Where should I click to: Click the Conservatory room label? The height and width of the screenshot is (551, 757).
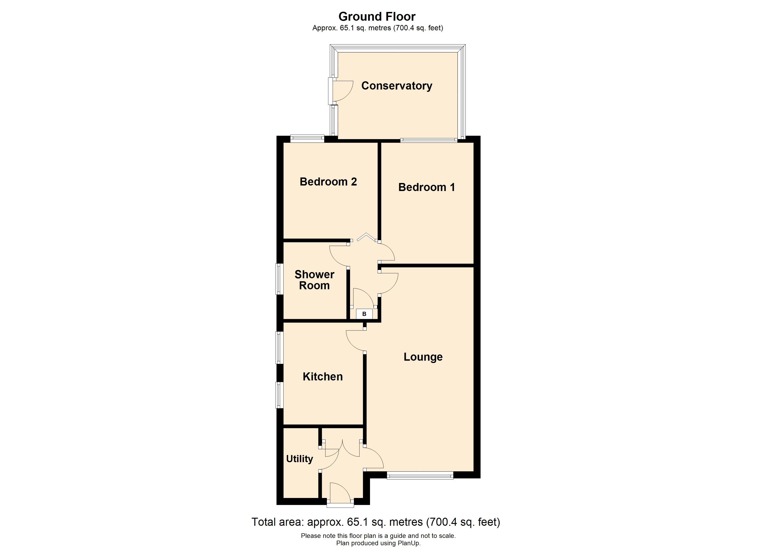click(397, 86)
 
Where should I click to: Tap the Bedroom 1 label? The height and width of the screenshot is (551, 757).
click(427, 187)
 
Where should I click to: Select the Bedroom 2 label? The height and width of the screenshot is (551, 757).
click(328, 182)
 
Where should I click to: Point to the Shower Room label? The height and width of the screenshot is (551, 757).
click(314, 280)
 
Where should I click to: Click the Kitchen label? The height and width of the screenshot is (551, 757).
click(323, 377)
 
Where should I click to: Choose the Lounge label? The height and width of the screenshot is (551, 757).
click(423, 357)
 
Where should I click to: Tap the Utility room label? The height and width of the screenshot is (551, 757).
click(299, 459)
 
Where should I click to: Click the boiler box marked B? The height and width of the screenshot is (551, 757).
click(364, 314)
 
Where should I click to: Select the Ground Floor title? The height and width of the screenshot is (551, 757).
click(377, 16)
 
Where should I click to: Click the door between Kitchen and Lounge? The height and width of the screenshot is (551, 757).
click(356, 341)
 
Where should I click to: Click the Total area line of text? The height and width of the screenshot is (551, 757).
click(376, 522)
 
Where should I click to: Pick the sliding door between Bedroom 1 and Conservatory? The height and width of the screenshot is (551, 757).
click(429, 140)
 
